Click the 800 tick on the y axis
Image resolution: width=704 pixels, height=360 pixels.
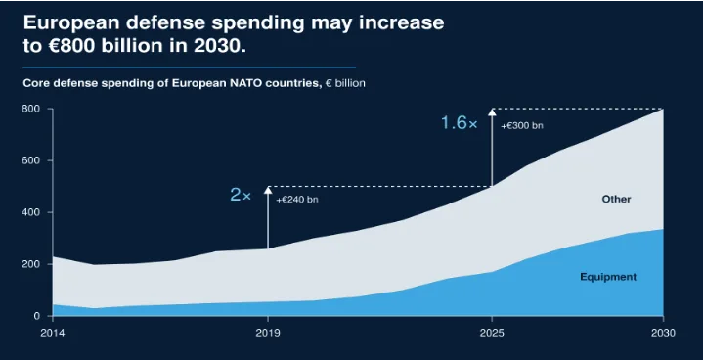[x=31, y=109]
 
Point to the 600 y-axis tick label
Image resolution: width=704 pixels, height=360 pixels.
[x=31, y=160]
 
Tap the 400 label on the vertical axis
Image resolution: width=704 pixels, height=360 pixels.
[x=31, y=212]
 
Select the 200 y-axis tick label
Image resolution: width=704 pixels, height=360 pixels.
[x=31, y=264]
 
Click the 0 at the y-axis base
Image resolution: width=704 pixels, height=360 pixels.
[x=37, y=316]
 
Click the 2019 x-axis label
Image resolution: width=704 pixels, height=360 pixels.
[x=268, y=333]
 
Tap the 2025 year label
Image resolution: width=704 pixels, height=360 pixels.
[x=492, y=333]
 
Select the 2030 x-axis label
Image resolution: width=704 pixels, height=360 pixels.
[x=664, y=333]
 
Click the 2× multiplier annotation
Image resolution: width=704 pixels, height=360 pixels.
[x=241, y=195]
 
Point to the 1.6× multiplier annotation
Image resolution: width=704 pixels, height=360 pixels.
[x=460, y=123]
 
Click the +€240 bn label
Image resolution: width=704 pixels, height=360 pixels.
[x=297, y=200]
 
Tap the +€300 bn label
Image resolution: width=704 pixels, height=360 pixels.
[x=522, y=126]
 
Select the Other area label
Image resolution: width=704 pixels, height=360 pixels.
[x=616, y=200]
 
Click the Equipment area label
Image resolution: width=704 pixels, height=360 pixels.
[x=608, y=277]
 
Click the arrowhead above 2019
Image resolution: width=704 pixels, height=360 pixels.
[x=268, y=190]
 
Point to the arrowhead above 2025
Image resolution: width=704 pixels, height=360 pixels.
[x=492, y=112]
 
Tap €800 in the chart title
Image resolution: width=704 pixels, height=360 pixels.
[x=69, y=46]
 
